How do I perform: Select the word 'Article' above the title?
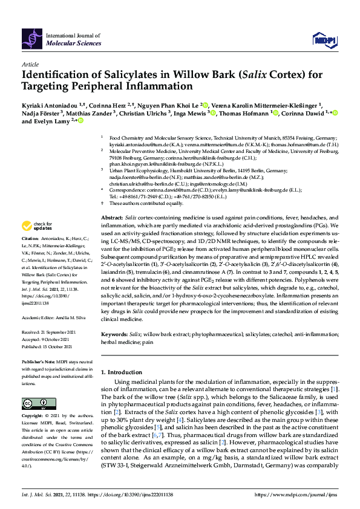pyautogui.click(x=30, y=63)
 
